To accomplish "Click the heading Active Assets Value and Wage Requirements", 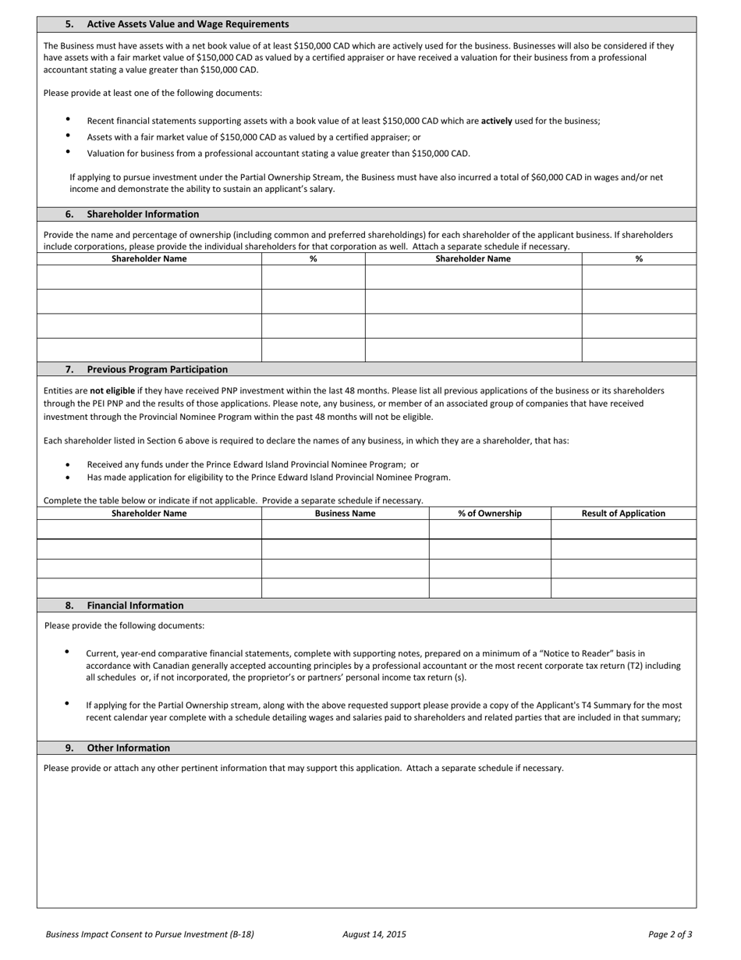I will point(187,24).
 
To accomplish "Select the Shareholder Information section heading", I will point(143,214).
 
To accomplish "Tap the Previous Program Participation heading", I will point(157,369).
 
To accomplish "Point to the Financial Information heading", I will point(135,605).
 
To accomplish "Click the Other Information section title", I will point(128,748).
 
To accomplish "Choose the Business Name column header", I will point(345,514).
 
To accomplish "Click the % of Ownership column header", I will point(490,514).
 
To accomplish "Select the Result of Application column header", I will point(623,514).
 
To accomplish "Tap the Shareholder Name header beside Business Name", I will point(149,514).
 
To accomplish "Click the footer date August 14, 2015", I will point(374,934).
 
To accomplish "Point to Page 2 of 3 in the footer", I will point(670,934).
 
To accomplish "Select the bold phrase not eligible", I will point(112,390).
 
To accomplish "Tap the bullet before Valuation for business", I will point(68,152).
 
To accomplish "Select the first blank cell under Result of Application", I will point(623,529).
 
